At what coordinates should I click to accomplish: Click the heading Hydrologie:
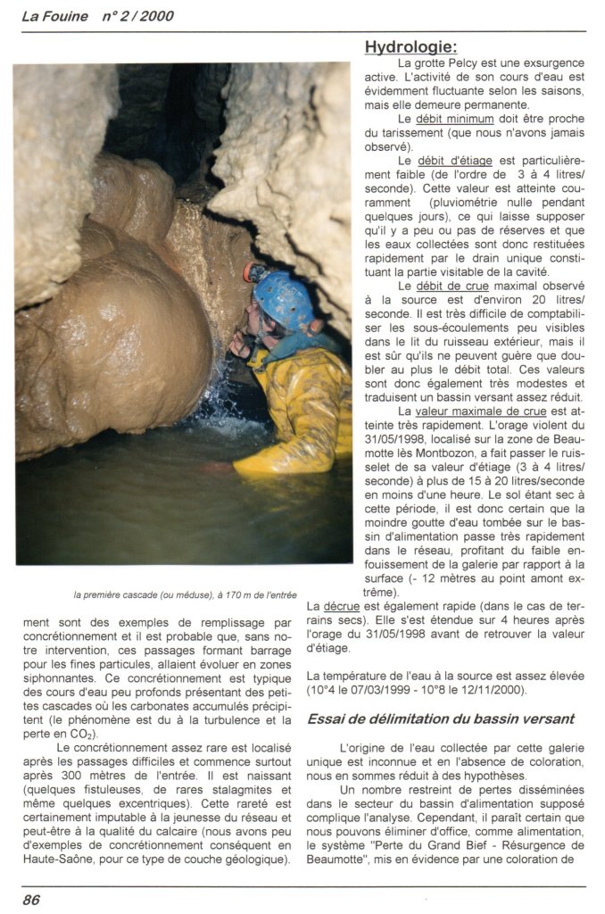[410, 46]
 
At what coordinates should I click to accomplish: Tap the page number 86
[31, 899]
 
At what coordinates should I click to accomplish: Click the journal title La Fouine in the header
[53, 15]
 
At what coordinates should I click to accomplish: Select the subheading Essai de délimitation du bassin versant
[441, 719]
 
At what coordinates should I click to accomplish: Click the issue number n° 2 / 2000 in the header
[137, 15]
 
